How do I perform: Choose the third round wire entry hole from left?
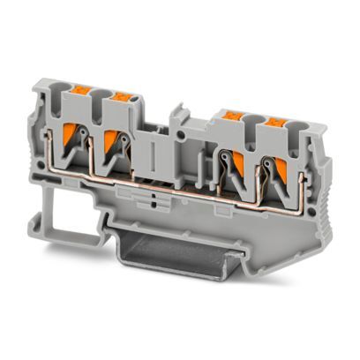251,117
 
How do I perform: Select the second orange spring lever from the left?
114,141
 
